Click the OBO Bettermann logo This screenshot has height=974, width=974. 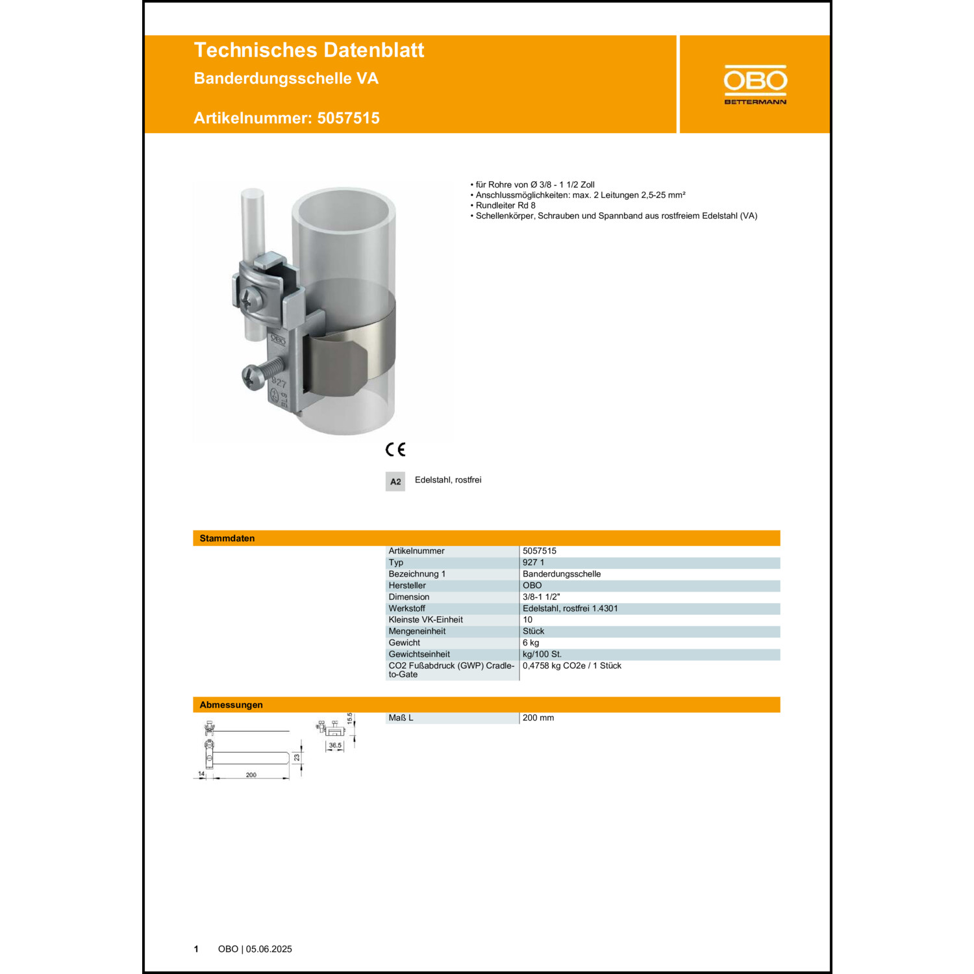pos(755,84)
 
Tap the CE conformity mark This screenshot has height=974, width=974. pos(395,449)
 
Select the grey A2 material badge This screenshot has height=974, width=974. pos(395,482)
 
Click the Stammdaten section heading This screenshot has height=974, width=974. pos(227,538)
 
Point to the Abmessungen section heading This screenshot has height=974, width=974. pos(231,705)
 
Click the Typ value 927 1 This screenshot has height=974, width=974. pos(533,562)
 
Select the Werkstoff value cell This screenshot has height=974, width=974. pos(570,608)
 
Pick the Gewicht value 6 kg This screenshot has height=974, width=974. pos(531,643)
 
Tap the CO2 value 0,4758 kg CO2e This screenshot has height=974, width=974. pos(571,666)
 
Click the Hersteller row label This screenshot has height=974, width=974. pos(407,586)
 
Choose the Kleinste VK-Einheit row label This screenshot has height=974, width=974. pos(425,619)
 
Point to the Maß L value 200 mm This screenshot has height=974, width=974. pos(538,718)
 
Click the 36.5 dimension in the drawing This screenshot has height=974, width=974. pos(335,745)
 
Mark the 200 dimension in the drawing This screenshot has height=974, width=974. pos(251,775)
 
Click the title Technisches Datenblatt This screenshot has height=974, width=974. pos(309,50)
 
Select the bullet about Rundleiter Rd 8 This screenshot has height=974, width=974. pos(505,205)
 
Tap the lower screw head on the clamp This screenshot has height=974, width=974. pos(251,376)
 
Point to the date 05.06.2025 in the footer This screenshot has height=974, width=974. pos(269,949)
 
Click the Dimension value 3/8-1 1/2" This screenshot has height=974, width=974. pos(541,597)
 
